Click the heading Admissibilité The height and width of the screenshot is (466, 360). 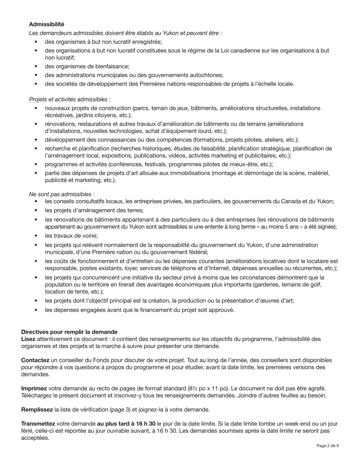click(47, 24)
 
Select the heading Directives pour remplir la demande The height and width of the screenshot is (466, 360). click(69, 332)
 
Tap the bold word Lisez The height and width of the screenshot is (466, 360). click(28, 339)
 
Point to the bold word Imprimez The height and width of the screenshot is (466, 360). click(34, 388)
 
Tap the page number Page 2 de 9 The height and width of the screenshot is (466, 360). click(327, 446)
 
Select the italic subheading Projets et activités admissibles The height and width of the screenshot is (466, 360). click(70, 99)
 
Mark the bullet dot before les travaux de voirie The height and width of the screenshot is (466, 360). click(36, 236)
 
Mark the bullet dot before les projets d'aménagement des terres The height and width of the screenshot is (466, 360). click(36, 210)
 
